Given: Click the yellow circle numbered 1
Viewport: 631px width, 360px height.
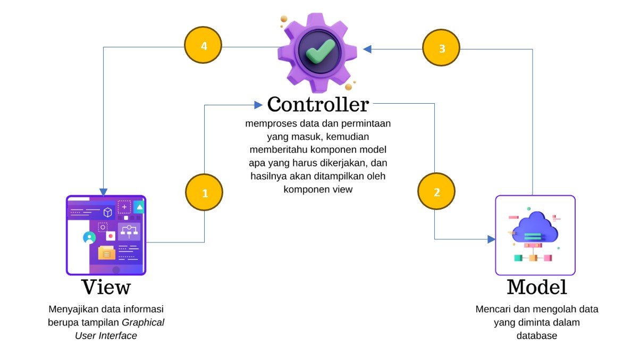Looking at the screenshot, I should click(x=204, y=193).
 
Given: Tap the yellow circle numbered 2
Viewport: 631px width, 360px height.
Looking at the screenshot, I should click(x=436, y=192).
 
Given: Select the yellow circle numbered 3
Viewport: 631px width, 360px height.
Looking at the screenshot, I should click(x=441, y=48).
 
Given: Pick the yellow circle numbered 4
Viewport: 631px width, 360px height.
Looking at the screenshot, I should click(x=203, y=46).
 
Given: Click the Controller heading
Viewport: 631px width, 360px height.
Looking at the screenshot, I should click(x=318, y=104).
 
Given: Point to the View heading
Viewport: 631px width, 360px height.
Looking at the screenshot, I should click(x=106, y=287).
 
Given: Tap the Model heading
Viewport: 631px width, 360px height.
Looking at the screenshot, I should click(x=536, y=287).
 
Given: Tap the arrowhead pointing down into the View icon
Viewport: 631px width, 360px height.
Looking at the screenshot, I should click(x=103, y=191).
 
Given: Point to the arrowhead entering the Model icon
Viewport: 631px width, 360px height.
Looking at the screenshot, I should click(x=491, y=239).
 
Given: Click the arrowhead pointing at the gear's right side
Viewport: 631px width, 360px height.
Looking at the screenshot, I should click(x=367, y=49).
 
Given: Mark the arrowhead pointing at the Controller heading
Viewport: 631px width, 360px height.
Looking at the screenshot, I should click(x=258, y=105).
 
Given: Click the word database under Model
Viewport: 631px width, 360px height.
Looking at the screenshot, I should click(x=536, y=336).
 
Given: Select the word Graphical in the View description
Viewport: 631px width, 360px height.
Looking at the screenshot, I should click(x=144, y=322).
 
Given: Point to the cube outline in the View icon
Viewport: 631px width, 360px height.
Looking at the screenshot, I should click(x=108, y=212).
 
